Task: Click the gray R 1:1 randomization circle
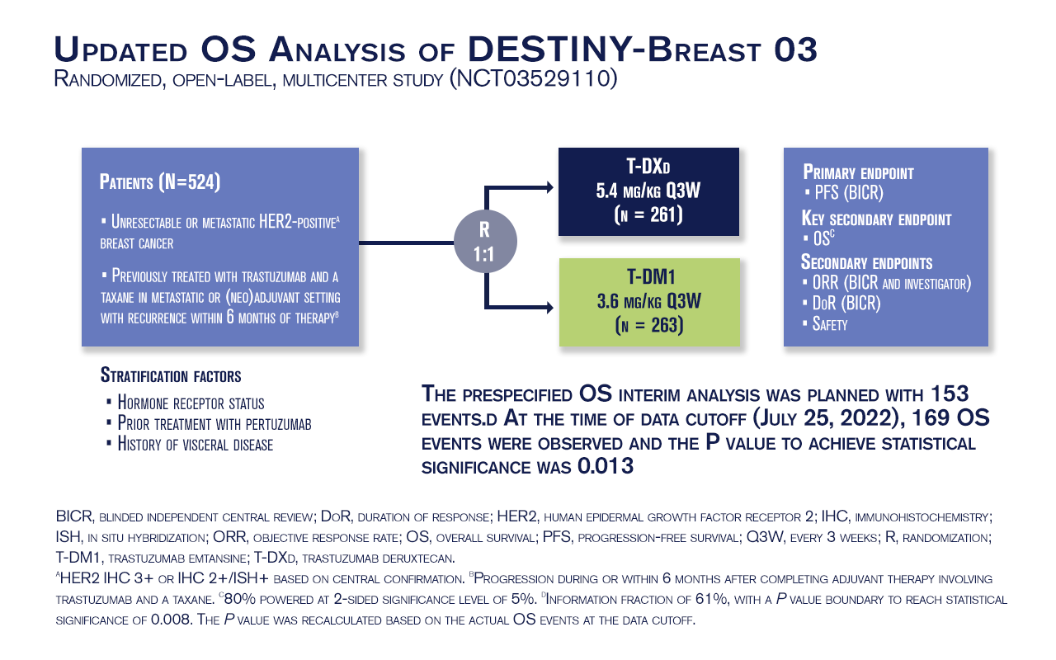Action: [485, 242]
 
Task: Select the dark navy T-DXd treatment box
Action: [648, 191]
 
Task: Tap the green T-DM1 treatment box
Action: [649, 302]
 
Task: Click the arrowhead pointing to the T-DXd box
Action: [549, 187]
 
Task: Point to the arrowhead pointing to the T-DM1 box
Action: [549, 308]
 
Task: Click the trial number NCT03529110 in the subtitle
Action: [533, 78]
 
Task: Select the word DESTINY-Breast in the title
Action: [613, 49]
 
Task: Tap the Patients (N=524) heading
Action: [160, 182]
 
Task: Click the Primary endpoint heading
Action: [858, 172]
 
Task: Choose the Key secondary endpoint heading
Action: [876, 219]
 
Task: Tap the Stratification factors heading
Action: [171, 375]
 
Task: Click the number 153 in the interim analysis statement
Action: [950, 394]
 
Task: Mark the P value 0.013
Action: [606, 466]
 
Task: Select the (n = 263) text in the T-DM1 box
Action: [649, 325]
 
